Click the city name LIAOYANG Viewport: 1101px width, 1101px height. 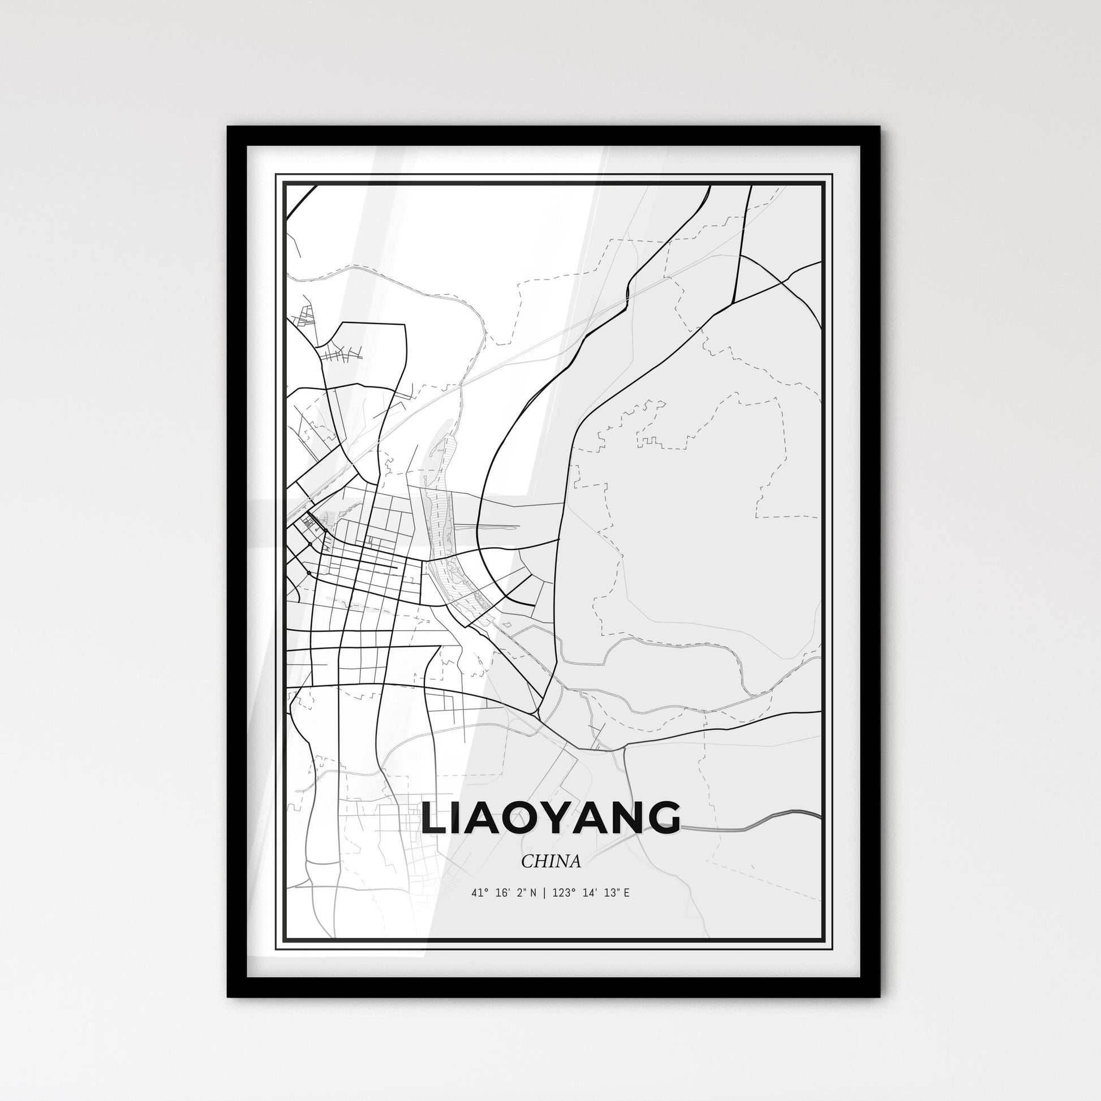[550, 819]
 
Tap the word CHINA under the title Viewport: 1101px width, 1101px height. [550, 862]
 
